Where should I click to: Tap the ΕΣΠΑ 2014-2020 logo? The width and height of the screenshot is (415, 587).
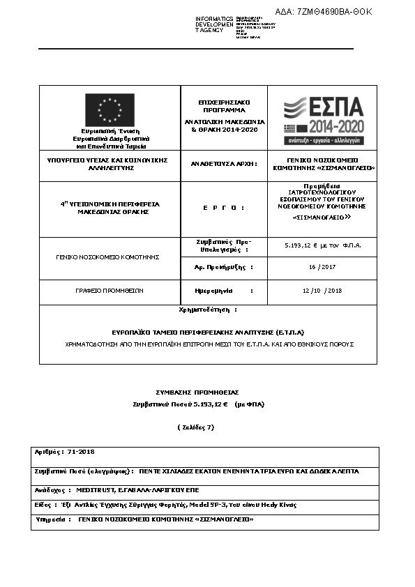(323, 119)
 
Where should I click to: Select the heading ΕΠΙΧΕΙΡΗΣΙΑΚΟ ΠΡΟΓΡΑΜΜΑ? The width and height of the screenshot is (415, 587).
(224, 106)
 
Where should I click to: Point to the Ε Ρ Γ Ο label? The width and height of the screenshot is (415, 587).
(223, 208)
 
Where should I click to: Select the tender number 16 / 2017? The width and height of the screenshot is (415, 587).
(322, 267)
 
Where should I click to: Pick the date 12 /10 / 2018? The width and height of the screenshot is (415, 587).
(322, 290)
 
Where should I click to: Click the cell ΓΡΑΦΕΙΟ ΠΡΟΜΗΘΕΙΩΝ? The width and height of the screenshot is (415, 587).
(110, 290)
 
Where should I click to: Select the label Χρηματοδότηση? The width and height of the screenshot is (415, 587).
(208, 308)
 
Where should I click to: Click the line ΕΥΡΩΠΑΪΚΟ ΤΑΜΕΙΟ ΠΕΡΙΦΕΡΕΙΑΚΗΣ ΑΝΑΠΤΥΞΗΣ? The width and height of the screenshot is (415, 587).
(209, 333)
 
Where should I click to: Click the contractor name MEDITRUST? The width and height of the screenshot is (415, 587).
(98, 489)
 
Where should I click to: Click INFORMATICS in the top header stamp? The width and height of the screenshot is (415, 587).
(214, 18)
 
